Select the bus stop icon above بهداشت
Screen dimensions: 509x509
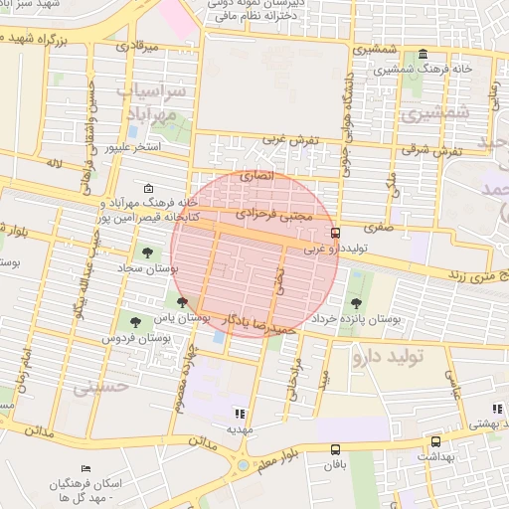pos(435,442)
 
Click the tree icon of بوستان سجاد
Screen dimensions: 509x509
pos(147,253)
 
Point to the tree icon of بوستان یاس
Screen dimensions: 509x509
pos(181,302)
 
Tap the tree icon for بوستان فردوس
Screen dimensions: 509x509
pos(135,321)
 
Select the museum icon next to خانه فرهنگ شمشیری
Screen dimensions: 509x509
pos(424,54)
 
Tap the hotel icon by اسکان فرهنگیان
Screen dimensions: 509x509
pos(85,467)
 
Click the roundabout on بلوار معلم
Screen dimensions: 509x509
pos(243,465)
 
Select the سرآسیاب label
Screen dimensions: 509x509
pos(152,91)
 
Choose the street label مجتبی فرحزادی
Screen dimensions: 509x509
pos(275,215)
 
